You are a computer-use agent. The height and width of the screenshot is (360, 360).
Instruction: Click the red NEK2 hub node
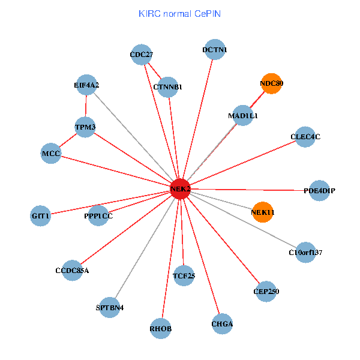pyautogui.click(x=180, y=189)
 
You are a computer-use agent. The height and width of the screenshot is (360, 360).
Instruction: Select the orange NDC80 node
pyautogui.click(x=272, y=84)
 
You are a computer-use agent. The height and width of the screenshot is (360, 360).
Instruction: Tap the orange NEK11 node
pyautogui.click(x=263, y=212)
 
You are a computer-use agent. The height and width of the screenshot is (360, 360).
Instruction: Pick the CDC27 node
pyautogui.click(x=142, y=55)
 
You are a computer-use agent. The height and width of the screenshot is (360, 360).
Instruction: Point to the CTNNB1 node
pyautogui.click(x=167, y=88)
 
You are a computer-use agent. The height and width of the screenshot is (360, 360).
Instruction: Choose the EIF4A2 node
pyautogui.click(x=87, y=85)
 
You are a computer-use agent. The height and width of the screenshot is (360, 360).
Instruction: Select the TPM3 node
pyautogui.click(x=85, y=127)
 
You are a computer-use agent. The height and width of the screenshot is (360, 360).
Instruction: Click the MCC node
pyautogui.click(x=51, y=154)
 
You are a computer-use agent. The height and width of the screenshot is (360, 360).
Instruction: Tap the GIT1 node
pyautogui.click(x=41, y=215)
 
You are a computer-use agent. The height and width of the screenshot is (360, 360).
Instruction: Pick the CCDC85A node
pyautogui.click(x=72, y=270)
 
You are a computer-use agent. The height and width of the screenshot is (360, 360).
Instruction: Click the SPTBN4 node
pyautogui.click(x=110, y=308)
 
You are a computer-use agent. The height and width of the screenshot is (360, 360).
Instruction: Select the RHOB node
pyautogui.click(x=161, y=328)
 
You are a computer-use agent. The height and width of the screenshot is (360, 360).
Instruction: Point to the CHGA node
pyautogui.click(x=222, y=325)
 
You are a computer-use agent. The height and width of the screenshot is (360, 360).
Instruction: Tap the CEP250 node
pyautogui.click(x=266, y=292)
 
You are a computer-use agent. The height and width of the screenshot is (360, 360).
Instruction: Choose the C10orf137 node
pyautogui.click(x=305, y=253)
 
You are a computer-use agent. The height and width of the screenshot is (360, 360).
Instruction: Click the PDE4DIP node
pyautogui.click(x=319, y=191)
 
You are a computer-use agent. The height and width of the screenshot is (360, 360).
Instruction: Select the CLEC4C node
pyautogui.click(x=305, y=137)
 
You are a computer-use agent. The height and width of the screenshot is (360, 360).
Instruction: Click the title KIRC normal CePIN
pyautogui.click(x=179, y=13)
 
